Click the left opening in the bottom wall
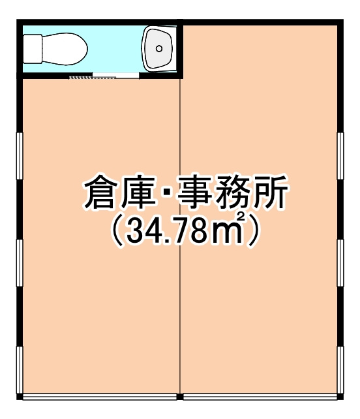pyautogui.click(x=102, y=396)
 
